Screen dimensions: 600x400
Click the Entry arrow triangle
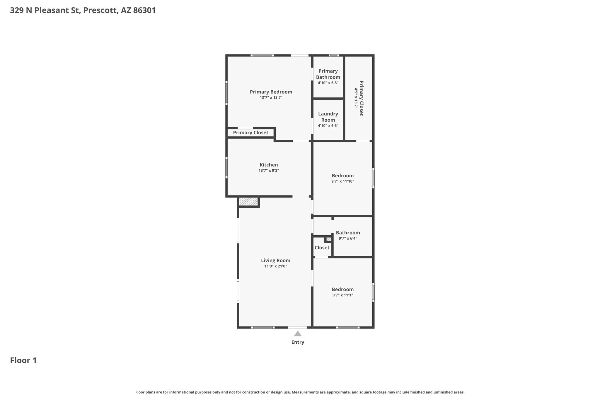(x=298, y=333)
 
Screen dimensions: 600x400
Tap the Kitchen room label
(x=269, y=165)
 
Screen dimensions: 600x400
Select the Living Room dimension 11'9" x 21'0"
(x=276, y=266)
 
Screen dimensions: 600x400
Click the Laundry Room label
(x=328, y=117)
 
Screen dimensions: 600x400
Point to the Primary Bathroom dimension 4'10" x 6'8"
(x=328, y=83)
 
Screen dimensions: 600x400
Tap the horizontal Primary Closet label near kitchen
(x=250, y=133)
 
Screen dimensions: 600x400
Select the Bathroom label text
(x=348, y=233)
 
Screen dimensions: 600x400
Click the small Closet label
(x=322, y=248)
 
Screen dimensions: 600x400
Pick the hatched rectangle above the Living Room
(x=248, y=202)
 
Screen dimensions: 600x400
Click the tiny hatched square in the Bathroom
(x=329, y=239)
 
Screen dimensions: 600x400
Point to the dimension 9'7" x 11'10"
(x=343, y=181)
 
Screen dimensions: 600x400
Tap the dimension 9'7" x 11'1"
(x=343, y=295)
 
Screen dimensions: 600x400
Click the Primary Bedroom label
(x=271, y=92)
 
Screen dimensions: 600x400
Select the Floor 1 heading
(x=23, y=360)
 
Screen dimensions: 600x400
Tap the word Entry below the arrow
(x=298, y=342)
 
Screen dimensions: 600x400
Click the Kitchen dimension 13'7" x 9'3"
(x=269, y=171)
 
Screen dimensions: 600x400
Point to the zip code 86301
(x=144, y=11)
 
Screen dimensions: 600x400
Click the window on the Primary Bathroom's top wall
(x=334, y=55)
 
